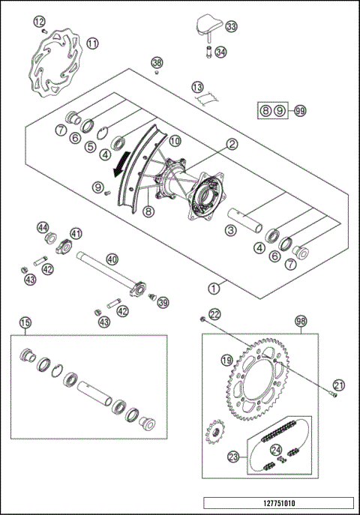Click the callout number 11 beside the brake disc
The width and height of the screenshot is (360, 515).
point(92,43)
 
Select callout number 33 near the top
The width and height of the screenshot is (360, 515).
point(230,27)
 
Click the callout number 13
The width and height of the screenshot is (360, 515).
point(197,87)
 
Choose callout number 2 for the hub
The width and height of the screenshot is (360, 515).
point(232,143)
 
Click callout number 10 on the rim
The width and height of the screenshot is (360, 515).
point(175,140)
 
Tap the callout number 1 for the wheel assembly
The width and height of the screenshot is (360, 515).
point(215,286)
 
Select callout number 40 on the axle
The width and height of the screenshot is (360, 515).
point(112,259)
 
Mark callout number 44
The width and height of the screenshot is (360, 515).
point(43,227)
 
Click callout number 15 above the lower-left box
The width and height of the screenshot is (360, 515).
point(25,323)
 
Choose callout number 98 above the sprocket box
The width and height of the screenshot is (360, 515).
point(301,321)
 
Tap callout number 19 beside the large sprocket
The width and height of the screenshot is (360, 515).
point(225,361)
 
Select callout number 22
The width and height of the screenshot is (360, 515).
point(215,314)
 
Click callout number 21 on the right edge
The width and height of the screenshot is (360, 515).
point(338,385)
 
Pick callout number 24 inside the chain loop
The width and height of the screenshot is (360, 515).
point(275,450)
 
